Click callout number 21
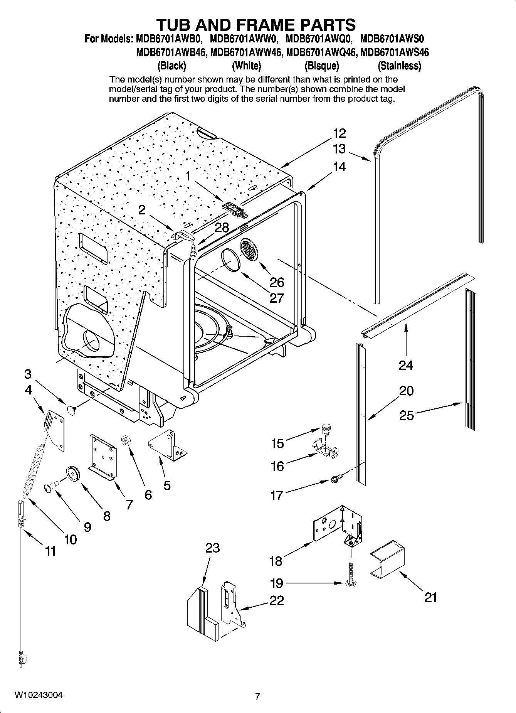[x=430, y=597]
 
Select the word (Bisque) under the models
[x=321, y=66]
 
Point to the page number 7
[x=257, y=696]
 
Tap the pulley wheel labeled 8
[x=72, y=473]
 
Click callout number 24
[x=406, y=365]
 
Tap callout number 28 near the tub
[x=222, y=227]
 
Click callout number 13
[x=339, y=149]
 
